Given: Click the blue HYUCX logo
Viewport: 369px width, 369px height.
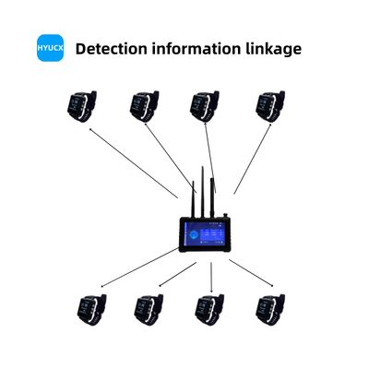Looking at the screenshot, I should click(x=49, y=48).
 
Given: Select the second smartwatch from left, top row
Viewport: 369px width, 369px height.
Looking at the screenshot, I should click(x=146, y=105).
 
